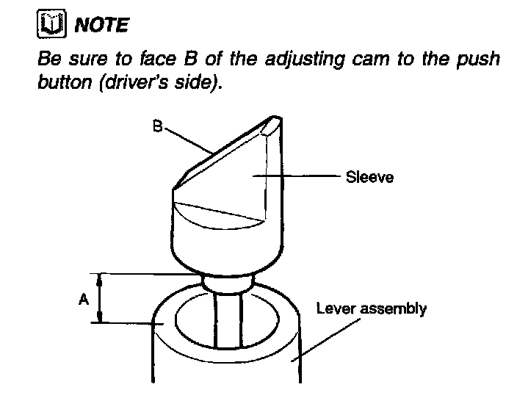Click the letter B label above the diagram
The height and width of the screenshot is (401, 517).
click(x=157, y=127)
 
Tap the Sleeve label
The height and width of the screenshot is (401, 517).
click(x=369, y=177)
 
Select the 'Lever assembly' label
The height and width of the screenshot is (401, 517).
click(x=370, y=309)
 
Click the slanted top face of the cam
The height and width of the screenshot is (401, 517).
click(x=228, y=154)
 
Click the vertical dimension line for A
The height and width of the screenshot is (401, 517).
click(x=100, y=297)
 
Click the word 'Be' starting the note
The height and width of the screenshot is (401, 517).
click(x=48, y=59)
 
